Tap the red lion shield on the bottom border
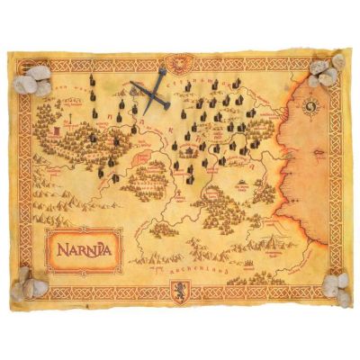tap(177, 290)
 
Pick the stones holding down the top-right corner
tap(326, 71)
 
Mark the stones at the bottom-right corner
tap(333, 284)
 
